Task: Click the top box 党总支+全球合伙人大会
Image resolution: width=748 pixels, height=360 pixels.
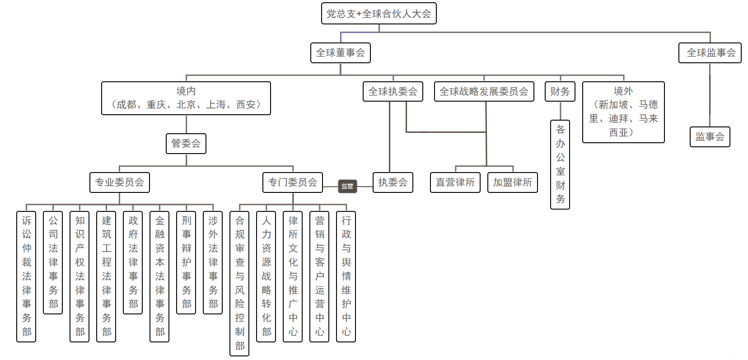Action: coord(379,14)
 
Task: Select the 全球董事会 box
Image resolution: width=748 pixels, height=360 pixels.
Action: coord(341,53)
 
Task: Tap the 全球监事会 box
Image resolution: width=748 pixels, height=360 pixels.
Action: coord(710,53)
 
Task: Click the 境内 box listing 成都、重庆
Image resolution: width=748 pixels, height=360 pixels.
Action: coord(186,98)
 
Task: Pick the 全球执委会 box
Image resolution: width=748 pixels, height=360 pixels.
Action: coord(393,92)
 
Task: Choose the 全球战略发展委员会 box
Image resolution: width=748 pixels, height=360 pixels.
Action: coord(484,92)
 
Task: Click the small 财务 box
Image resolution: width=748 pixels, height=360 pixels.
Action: coord(560,92)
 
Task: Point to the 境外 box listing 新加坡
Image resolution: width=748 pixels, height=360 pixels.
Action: coord(623,112)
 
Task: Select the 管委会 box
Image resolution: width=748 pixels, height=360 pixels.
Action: coord(186,144)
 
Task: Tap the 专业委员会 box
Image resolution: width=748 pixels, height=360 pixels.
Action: coord(120,182)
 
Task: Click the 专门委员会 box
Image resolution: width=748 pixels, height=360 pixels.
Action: coord(293,182)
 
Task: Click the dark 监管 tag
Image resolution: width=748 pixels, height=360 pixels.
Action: coord(347,186)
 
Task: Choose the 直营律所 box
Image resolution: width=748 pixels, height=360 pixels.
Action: coord(455,182)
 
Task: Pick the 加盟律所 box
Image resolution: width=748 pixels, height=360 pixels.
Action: coord(513,182)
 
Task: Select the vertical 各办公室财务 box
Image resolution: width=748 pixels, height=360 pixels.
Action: coord(560,164)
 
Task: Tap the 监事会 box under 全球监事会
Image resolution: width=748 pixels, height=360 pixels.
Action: coord(710,137)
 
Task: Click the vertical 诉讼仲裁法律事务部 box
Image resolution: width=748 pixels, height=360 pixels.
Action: coord(27,276)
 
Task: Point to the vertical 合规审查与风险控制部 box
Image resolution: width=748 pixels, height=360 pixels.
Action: coord(239,283)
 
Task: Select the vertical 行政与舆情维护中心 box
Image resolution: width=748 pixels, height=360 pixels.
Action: coord(346,276)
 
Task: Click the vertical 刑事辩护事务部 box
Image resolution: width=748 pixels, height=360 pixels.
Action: coord(186,262)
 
